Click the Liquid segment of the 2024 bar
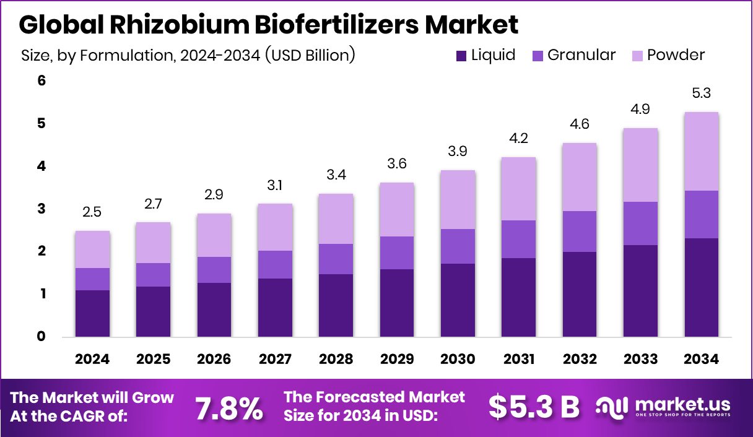coord(92,313)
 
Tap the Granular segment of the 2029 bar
coord(396,253)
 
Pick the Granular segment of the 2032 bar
coord(579,231)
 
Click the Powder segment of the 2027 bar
coord(275,227)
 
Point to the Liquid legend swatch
coord(461,56)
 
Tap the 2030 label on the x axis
coord(457,360)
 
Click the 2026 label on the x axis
coord(214,360)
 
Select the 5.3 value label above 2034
coord(700,94)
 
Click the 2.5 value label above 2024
coord(92,213)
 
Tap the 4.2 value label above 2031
coord(518,139)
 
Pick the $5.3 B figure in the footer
coord(534,407)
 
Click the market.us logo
coord(663,407)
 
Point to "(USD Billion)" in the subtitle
coord(310,55)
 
